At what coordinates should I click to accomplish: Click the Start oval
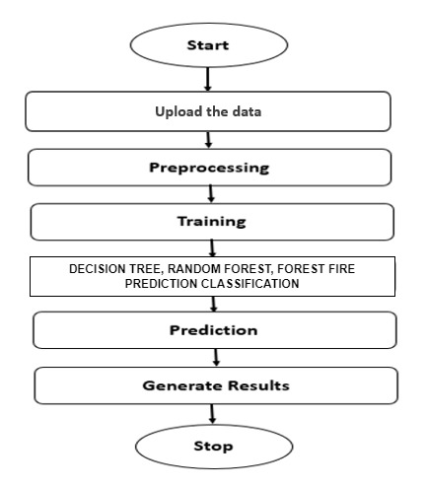pos(209,45)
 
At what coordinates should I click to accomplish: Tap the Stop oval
pos(214,447)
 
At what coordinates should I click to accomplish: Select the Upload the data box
pos(208,111)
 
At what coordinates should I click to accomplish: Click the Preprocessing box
pos(209,168)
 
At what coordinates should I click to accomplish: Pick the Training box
pos(212,222)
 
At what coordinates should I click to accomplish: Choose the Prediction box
pos(215,330)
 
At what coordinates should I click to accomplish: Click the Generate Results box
pos(216,385)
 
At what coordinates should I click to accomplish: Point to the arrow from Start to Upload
pos(207,80)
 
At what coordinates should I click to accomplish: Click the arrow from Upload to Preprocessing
pos(208,140)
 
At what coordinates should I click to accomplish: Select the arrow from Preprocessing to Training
pos(211,194)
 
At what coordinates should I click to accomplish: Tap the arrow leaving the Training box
pos(212,248)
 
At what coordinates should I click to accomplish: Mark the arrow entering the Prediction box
pos(214,305)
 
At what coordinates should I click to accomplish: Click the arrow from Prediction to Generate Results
pos(216,358)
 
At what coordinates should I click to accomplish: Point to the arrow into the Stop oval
pos(212,414)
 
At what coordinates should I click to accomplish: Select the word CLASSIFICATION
pos(250,283)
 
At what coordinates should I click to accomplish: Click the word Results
pos(258,385)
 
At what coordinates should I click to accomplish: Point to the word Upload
pos(178,112)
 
